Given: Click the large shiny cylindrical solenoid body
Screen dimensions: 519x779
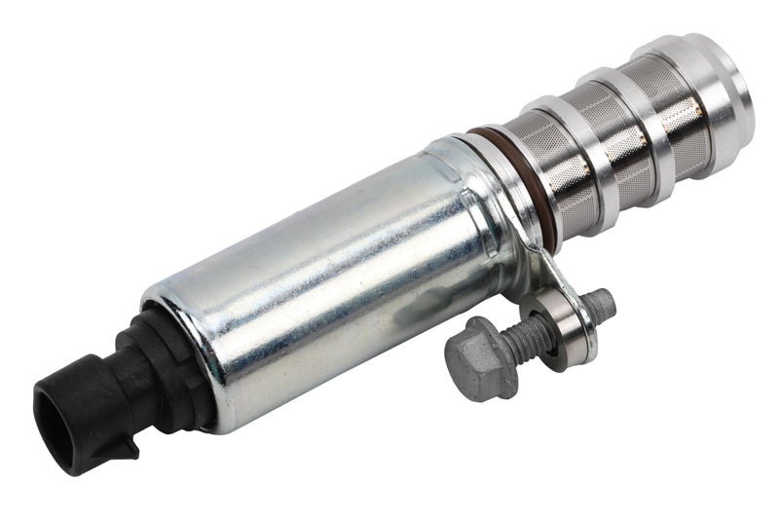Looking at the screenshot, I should click(321, 282).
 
